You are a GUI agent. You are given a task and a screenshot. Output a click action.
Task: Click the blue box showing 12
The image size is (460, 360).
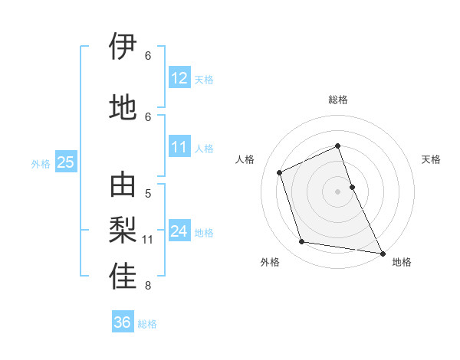click(179, 78)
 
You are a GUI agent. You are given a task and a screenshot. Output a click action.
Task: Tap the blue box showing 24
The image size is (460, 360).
click(179, 232)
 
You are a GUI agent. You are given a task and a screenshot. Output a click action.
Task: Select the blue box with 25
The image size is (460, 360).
click(65, 162)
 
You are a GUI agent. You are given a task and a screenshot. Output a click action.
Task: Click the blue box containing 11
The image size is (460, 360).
click(179, 148)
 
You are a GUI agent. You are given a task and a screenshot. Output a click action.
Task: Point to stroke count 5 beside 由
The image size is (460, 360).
click(148, 194)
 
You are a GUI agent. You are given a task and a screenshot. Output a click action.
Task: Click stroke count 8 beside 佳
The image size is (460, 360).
click(148, 286)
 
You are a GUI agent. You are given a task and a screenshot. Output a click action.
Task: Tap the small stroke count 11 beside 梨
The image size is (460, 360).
click(148, 240)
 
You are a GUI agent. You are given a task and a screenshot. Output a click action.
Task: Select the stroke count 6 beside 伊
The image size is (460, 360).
click(148, 56)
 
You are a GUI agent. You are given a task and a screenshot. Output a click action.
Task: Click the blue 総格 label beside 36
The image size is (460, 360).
click(147, 324)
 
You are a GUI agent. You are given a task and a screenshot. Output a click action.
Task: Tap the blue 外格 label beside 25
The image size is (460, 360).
click(41, 163)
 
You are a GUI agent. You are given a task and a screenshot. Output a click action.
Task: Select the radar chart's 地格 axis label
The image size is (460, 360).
click(402, 262)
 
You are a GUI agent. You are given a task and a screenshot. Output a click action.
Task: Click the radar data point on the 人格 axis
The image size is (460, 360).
click(280, 172)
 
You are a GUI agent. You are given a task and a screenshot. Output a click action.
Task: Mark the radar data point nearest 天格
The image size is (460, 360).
click(352, 186)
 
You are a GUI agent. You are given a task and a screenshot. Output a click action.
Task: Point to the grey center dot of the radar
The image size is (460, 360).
click(337, 191)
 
